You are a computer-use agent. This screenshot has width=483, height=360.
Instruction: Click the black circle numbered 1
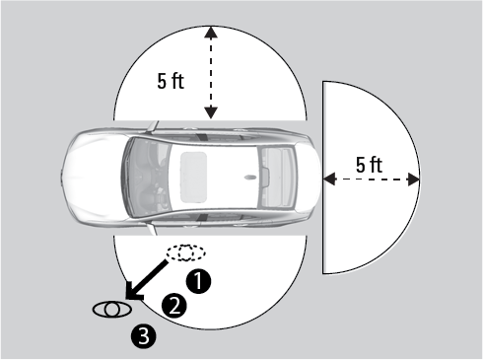[x=198, y=281]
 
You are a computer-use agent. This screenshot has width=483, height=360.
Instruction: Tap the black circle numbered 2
[x=174, y=306]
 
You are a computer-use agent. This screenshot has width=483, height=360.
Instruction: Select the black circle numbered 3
[x=144, y=336]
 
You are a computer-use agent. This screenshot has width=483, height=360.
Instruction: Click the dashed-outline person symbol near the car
[x=186, y=252]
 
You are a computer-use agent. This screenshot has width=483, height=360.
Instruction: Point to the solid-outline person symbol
[x=112, y=309]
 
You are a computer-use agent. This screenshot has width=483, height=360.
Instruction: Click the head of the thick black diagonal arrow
[x=133, y=292]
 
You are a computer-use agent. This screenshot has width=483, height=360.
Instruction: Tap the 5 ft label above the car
[x=171, y=81]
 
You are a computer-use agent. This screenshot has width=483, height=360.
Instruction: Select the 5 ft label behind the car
[x=369, y=165]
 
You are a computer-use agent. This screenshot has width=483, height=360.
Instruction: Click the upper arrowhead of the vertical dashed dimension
[x=211, y=32]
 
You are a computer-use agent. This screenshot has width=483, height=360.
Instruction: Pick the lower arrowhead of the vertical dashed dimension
[x=211, y=112]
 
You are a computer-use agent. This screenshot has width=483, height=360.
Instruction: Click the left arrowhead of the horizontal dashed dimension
[x=329, y=180]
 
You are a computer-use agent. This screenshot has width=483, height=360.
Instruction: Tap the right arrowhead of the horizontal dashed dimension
[x=414, y=180]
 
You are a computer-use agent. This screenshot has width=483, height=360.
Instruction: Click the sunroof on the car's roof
[x=194, y=177]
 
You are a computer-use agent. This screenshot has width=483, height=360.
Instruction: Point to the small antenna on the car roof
[x=250, y=178]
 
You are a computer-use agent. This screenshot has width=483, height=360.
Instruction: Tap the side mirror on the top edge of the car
[x=153, y=126]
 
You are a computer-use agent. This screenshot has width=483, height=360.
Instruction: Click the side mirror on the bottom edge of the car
[x=152, y=229]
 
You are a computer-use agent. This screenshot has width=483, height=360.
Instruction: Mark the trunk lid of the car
[x=309, y=178]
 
